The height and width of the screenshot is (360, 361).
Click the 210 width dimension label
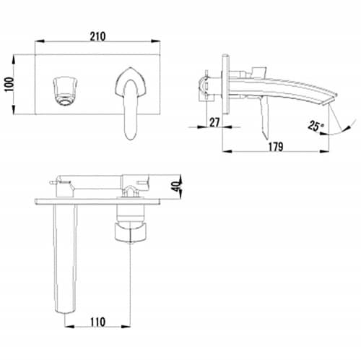click(97, 37)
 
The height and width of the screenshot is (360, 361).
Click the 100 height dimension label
click(9, 85)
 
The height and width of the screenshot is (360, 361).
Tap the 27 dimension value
click(214, 122)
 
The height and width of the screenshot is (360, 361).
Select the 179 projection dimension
click(276, 147)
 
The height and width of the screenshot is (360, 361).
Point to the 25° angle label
click(316, 126)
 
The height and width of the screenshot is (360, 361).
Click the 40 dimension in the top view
click(177, 186)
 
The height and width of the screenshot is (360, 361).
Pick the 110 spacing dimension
click(97, 322)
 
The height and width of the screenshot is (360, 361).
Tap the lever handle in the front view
click(131, 103)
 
